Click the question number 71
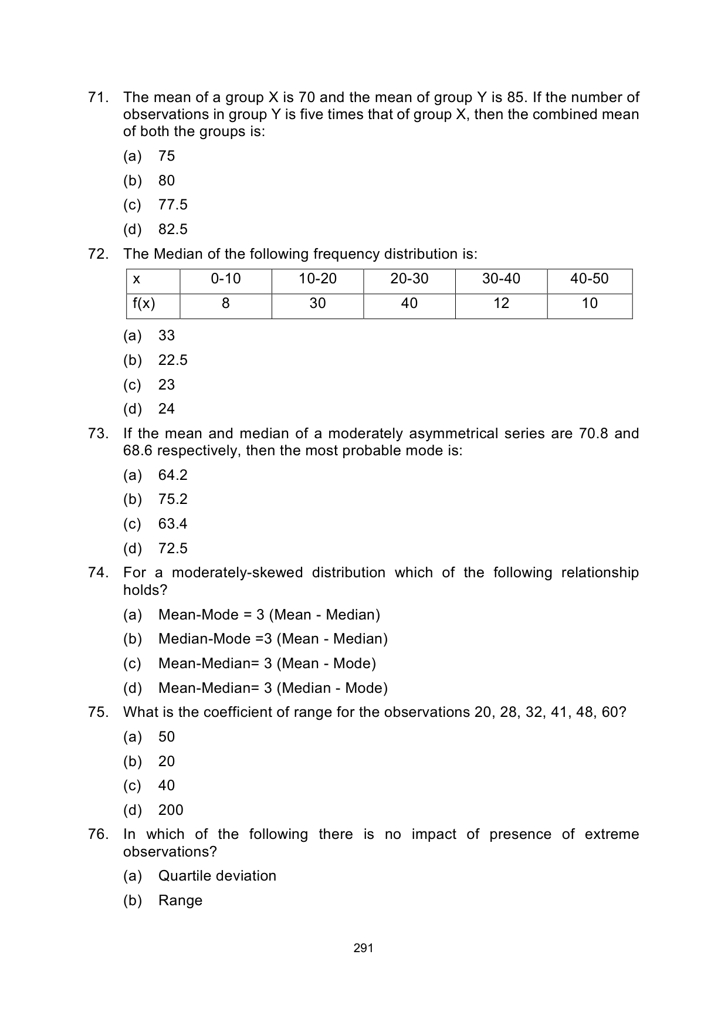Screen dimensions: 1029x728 tap(98, 97)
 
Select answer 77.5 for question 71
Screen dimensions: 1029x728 tap(172, 205)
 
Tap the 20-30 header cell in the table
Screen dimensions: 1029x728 tap(409, 279)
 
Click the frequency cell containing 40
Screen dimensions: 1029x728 tap(409, 303)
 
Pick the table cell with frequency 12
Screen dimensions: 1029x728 tap(501, 303)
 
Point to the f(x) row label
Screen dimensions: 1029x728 tap(144, 303)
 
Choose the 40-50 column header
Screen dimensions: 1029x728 tap(589, 279)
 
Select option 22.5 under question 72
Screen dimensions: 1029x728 tap(172, 360)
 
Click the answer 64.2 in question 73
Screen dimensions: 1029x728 tap(172, 475)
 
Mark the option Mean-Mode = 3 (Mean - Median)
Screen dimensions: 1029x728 tap(269, 615)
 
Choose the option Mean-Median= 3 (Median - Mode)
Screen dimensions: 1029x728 tap(273, 688)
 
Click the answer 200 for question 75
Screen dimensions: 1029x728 tap(171, 810)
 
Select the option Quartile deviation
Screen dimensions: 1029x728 tap(217, 876)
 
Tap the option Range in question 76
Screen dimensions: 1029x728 tap(180, 901)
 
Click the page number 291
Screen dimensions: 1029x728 tap(364, 948)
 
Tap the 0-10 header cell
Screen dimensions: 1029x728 tap(225, 279)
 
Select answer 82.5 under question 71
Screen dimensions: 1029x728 tap(172, 229)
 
